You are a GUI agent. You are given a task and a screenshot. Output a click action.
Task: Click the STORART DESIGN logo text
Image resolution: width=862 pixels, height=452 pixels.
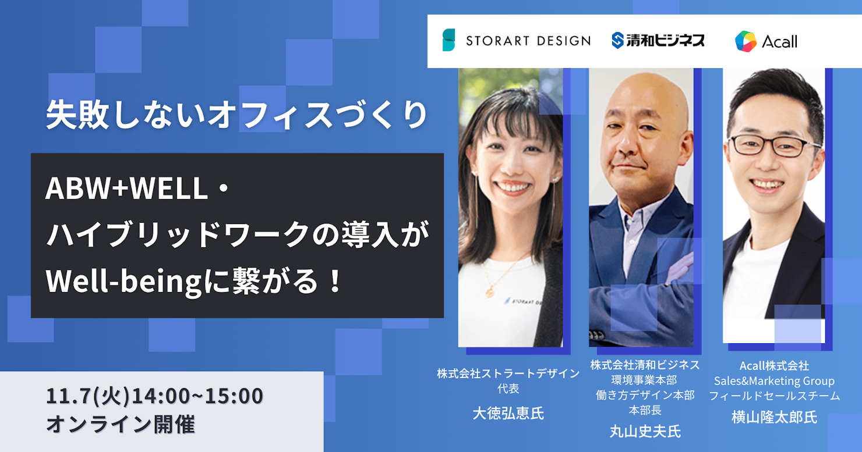[x=528, y=41]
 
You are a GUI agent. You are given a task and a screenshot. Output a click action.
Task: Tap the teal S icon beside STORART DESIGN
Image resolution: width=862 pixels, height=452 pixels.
[x=448, y=40]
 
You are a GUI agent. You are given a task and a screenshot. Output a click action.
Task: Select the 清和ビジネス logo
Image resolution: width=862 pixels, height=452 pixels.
[x=658, y=40]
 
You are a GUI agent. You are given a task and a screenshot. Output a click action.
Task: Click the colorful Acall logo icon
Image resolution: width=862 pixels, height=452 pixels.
[x=746, y=41]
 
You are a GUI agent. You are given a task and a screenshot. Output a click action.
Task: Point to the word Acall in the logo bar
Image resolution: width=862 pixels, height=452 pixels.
[x=780, y=42]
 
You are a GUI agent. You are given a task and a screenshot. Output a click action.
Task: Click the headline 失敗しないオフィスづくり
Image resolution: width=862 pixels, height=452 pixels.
[x=236, y=115]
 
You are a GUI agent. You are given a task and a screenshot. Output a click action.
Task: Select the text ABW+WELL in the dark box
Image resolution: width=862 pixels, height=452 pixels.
[x=126, y=188]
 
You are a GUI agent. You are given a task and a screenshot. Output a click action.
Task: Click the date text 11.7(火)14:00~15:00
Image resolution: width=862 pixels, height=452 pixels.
[x=155, y=396]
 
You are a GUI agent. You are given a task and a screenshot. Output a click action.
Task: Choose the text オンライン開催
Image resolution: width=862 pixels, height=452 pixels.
[x=121, y=424]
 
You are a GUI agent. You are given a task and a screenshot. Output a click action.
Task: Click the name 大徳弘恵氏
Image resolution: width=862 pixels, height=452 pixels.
[x=508, y=414]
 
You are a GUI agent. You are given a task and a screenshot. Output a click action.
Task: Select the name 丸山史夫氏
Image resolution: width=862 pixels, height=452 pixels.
[x=645, y=431]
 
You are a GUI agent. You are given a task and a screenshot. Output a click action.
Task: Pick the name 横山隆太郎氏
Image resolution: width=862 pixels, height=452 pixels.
[x=774, y=417]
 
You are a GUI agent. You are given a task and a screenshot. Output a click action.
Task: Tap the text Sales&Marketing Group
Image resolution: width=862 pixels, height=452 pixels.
[x=774, y=381]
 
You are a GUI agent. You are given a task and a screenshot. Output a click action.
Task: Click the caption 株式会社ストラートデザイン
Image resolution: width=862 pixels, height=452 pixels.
[x=508, y=373]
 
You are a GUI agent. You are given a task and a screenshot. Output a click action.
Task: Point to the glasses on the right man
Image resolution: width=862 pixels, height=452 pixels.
[x=773, y=146]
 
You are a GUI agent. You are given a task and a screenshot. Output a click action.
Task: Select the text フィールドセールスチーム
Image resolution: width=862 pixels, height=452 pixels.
[x=774, y=396]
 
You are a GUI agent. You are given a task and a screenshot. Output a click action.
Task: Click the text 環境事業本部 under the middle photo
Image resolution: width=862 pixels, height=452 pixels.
[x=645, y=380]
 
